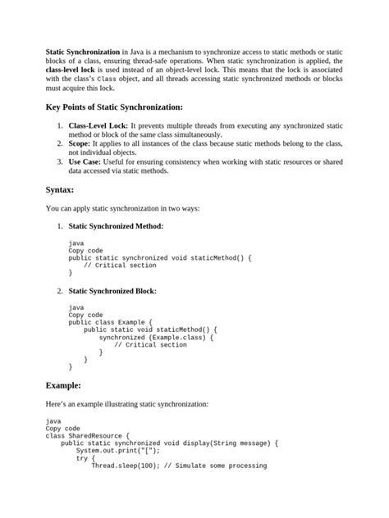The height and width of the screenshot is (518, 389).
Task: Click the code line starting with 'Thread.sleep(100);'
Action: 178,465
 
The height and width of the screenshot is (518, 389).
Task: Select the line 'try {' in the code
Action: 86,457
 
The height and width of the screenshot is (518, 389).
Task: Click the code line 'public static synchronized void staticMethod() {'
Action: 160,257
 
